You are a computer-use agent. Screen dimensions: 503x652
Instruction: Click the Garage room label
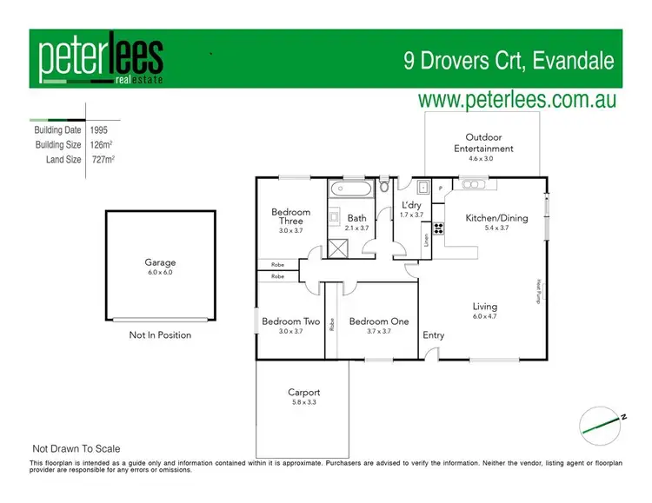160,262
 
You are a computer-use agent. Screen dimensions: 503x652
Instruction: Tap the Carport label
303,392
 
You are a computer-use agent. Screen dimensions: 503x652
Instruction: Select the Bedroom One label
378,321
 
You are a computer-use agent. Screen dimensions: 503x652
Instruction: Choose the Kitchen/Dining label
496,218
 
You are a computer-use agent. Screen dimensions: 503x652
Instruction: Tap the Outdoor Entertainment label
489,142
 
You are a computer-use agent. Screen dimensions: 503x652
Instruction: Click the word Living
484,306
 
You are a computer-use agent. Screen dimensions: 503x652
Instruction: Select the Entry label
433,335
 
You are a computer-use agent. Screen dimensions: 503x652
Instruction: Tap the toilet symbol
386,184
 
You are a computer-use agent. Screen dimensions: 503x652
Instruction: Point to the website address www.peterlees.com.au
517,99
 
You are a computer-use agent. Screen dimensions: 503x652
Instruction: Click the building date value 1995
99,129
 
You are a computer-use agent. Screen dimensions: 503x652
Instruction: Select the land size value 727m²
103,160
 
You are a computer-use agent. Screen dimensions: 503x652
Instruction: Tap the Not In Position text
160,334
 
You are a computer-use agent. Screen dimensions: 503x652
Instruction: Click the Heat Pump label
538,289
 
